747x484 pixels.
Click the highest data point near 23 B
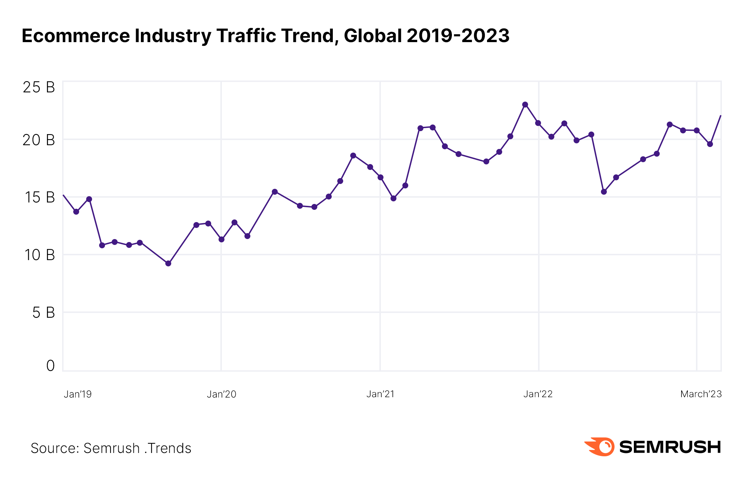(525, 105)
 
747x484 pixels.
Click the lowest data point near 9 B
(168, 263)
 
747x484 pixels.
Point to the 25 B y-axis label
(39, 87)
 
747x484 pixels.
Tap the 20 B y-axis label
(39, 140)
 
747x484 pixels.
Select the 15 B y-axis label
(40, 197)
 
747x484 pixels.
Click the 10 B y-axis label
(40, 255)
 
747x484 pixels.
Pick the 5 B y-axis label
(43, 313)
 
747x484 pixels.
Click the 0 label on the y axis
(50, 366)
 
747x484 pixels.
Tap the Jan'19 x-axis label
(78, 394)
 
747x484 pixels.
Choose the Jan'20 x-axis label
(222, 394)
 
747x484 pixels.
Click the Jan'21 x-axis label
(381, 394)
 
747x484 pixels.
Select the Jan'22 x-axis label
(538, 394)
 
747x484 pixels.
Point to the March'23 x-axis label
(701, 394)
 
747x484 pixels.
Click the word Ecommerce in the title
(76, 36)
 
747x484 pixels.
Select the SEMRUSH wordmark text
(670, 447)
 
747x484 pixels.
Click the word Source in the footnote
(54, 448)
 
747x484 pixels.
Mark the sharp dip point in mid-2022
(604, 192)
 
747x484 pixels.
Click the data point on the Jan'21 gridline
(381, 177)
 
